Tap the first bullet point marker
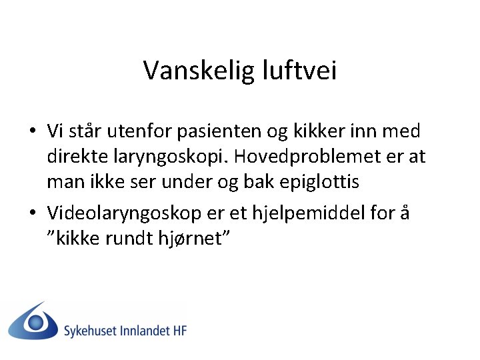click(32, 131)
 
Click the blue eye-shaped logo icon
click(33, 321)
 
